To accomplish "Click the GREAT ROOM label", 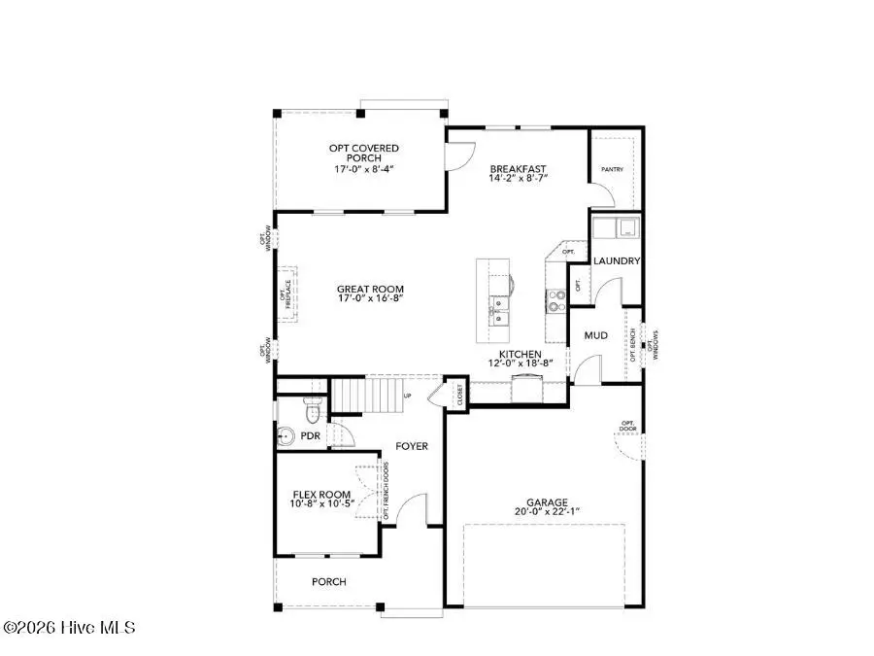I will pos(370,289).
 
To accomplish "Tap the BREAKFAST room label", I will pos(518,168).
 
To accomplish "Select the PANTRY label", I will pos(611,169).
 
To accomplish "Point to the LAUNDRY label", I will pos(617,260).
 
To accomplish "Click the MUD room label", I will pos(595,335).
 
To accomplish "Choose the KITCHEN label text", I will pos(525,355).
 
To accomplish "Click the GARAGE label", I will pos(549,502).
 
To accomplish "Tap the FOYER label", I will pos(411,446).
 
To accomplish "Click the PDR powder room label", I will pos(311,436).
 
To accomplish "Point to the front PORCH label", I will pos(328,582).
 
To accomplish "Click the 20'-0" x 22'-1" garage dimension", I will pos(549,512).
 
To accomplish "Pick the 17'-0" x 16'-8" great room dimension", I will pos(370,299).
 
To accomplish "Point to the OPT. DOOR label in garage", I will pos(627,426).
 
